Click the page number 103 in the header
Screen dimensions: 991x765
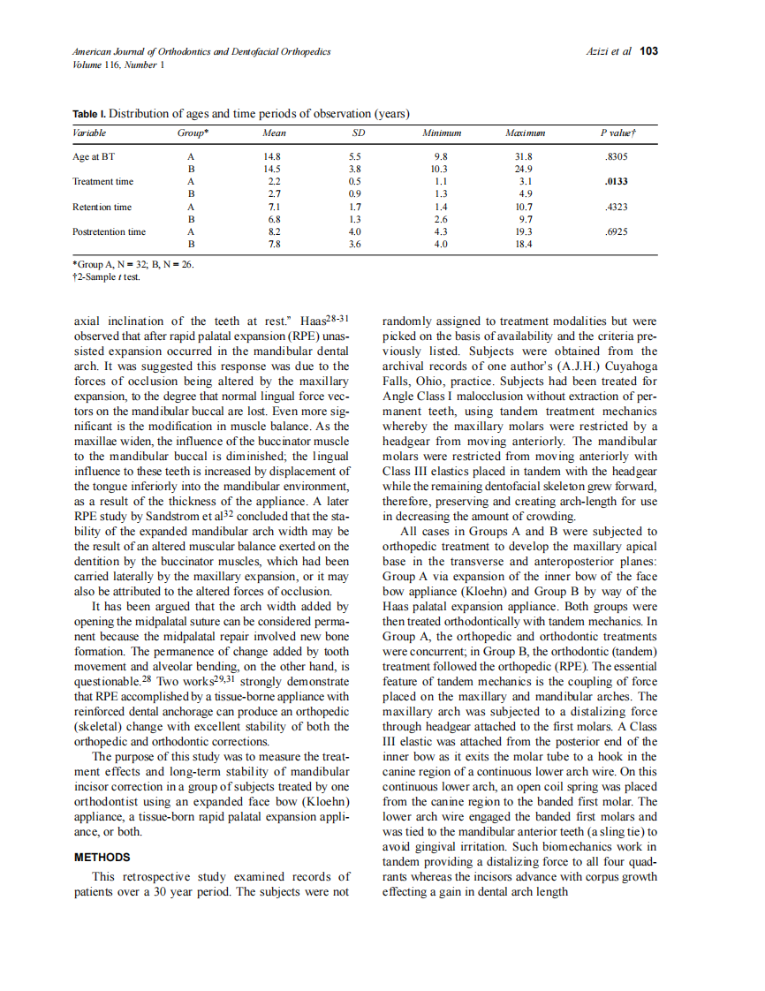click(649, 51)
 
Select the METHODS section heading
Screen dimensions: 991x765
click(102, 858)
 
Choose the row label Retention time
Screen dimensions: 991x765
click(102, 207)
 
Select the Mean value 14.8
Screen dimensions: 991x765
click(273, 156)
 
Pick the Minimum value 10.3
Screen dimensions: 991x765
click(439, 169)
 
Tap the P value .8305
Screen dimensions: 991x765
click(615, 156)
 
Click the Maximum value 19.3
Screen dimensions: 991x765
click(524, 231)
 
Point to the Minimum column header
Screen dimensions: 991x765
click(442, 133)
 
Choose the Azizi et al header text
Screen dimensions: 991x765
click(609, 51)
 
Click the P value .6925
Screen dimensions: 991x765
click(615, 231)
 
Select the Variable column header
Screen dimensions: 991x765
click(89, 133)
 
